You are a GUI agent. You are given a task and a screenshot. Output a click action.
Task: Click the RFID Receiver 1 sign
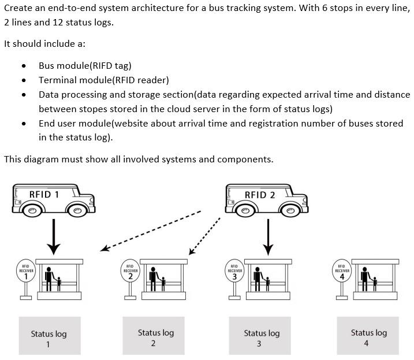[x=25, y=271]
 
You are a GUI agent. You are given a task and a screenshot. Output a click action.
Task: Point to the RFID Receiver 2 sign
[x=130, y=271]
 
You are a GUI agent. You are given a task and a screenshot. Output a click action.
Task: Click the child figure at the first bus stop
[x=58, y=283]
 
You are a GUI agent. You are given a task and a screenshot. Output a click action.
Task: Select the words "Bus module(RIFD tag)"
[x=85, y=66]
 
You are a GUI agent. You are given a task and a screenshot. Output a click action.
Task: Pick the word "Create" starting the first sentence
[x=18, y=8]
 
